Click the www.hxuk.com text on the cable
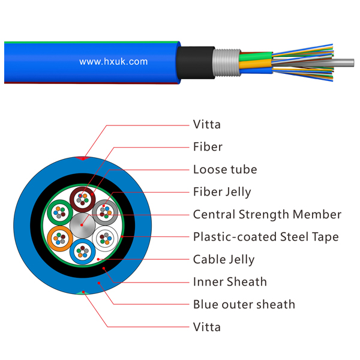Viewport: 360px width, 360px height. (x=113, y=62)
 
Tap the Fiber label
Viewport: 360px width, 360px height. (x=208, y=147)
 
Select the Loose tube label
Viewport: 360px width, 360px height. (x=225, y=169)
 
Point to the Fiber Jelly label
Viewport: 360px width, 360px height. (x=222, y=192)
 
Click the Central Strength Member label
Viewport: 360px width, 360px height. (x=267, y=214)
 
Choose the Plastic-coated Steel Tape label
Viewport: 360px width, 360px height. (x=266, y=237)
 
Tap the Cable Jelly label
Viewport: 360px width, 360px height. (x=224, y=259)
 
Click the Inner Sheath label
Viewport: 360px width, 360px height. (x=230, y=282)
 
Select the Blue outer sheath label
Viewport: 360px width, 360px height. (x=244, y=304)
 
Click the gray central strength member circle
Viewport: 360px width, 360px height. (x=82, y=225)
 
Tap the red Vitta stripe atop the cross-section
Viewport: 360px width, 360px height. (x=83, y=158)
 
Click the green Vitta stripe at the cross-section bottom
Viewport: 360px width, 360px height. (x=83, y=293)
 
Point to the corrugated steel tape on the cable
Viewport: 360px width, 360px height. (x=226, y=62)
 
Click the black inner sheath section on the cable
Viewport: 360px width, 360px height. (x=196, y=62)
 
